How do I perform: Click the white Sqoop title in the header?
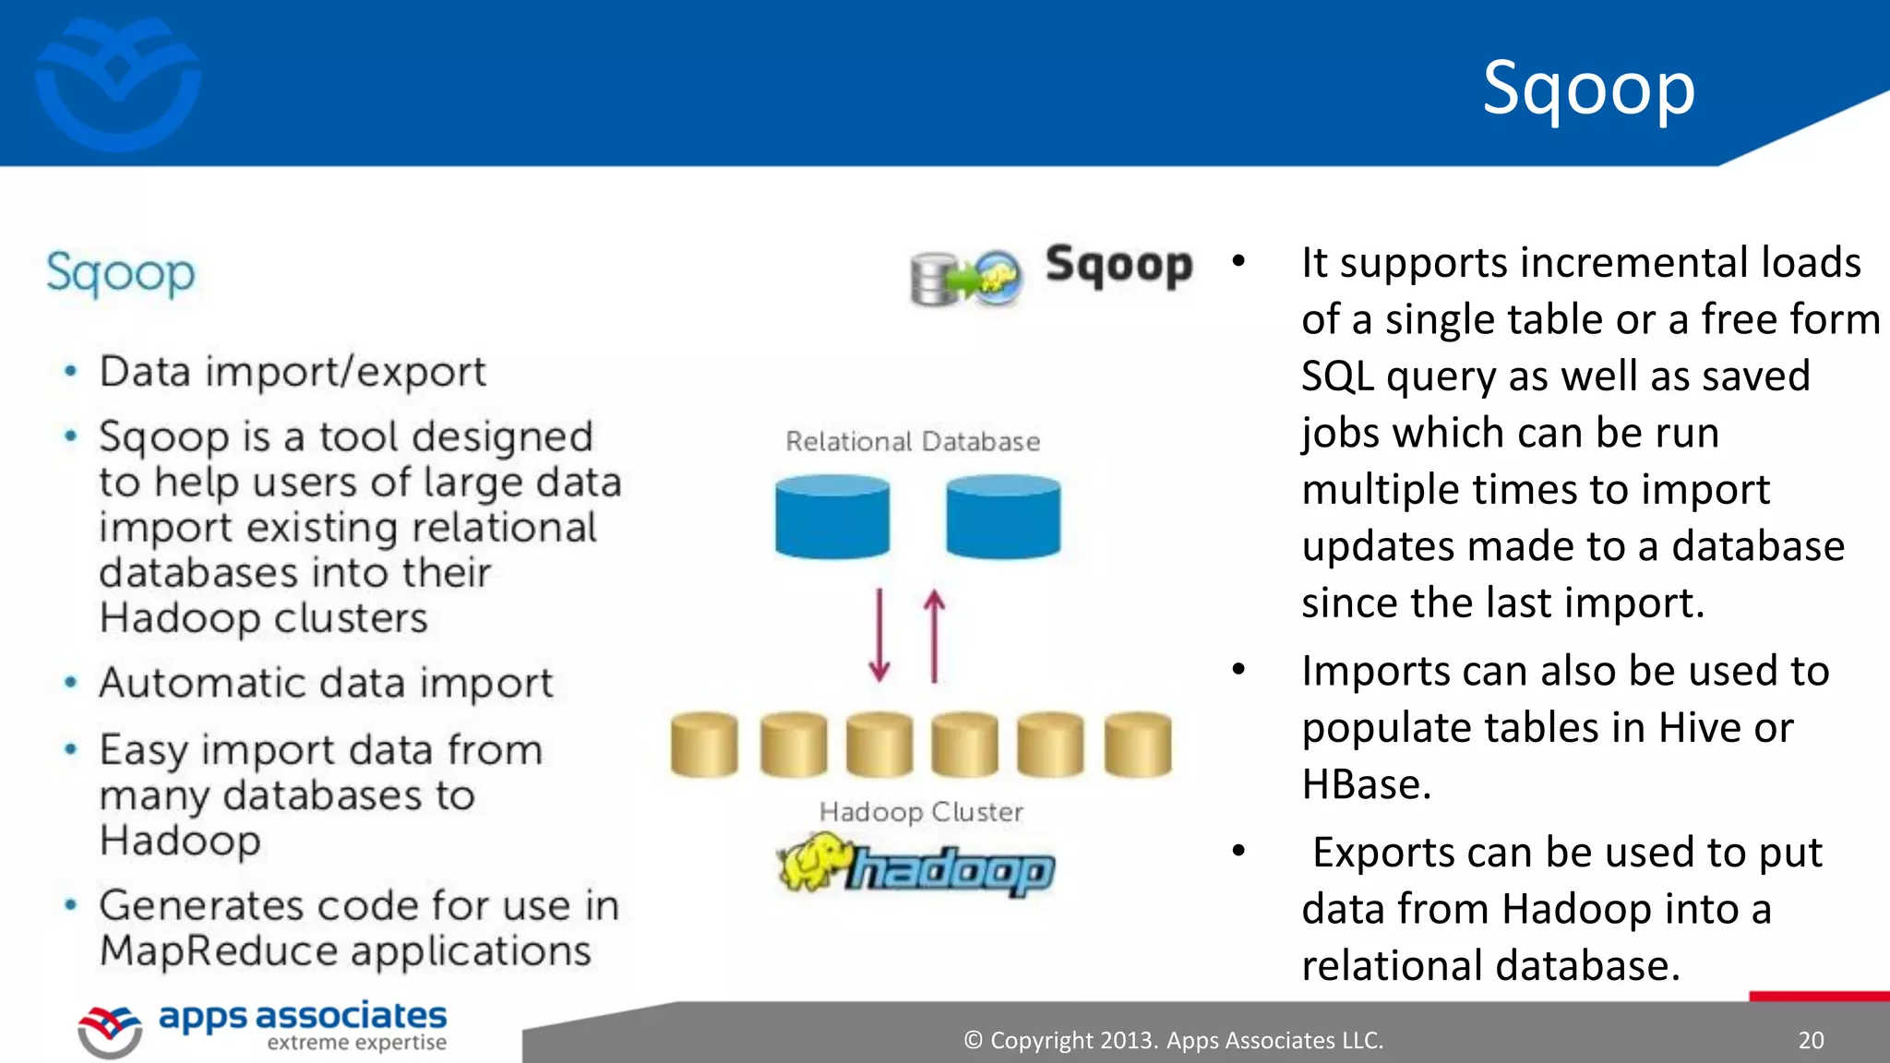point(1588,89)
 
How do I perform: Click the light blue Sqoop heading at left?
point(121,274)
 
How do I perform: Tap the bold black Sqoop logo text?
point(1118,266)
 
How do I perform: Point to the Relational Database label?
point(912,442)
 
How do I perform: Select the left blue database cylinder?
point(832,517)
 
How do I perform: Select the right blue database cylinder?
point(1003,517)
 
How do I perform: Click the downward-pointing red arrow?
point(879,636)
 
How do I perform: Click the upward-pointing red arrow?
point(934,636)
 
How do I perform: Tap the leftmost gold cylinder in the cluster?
point(704,744)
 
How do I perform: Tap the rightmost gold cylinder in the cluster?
point(1137,744)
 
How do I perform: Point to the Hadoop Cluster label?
point(921,812)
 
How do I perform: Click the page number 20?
point(1811,1041)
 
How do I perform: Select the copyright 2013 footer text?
point(1173,1041)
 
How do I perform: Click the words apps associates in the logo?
point(303,1016)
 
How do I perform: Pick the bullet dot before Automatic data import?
point(71,683)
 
